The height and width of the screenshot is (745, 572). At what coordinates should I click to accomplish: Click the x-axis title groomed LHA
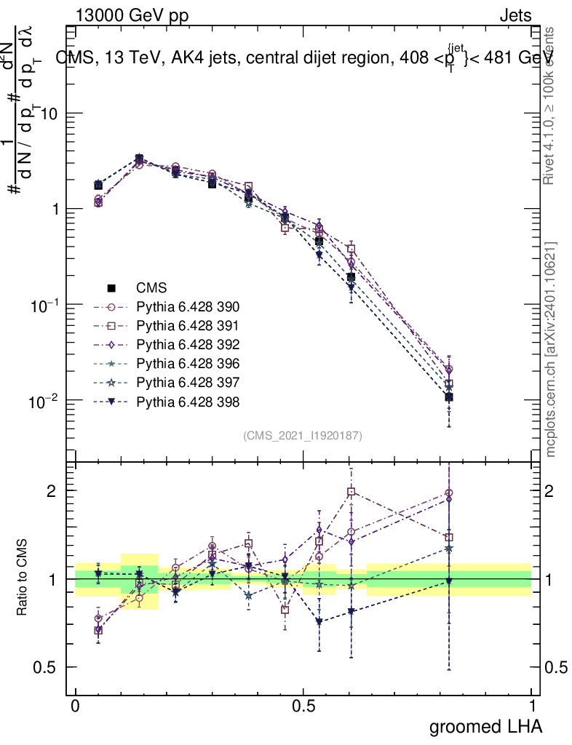(485, 726)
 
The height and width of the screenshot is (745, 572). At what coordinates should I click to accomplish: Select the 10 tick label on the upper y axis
(49, 114)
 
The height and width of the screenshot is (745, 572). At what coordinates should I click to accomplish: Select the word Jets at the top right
(515, 16)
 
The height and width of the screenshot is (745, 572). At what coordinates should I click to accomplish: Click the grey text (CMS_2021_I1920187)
(303, 435)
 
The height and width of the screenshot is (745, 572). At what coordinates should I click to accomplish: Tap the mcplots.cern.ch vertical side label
(551, 349)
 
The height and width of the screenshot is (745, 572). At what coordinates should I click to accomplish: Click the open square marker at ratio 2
(351, 492)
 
